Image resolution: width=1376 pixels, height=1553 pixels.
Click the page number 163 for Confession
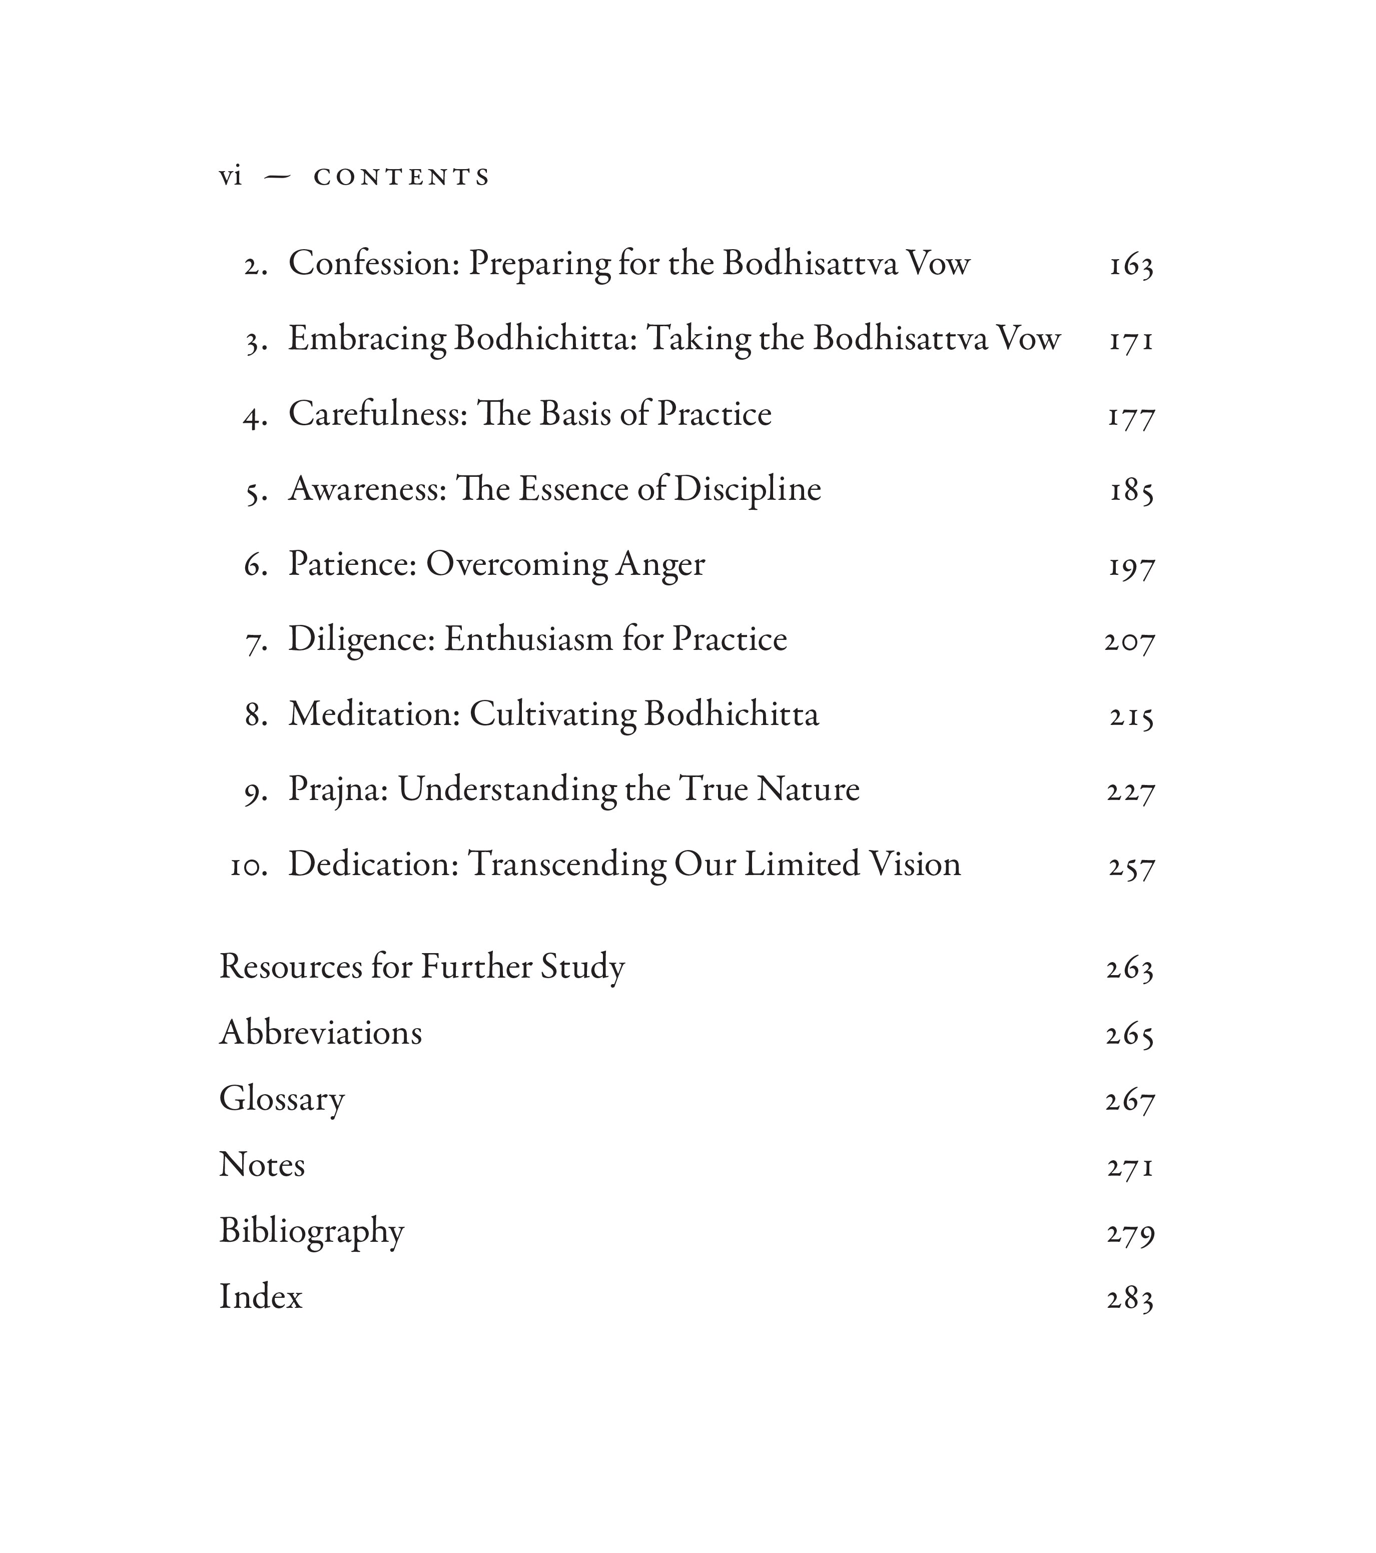coord(1131,265)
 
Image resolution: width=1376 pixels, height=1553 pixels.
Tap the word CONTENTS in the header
coord(402,177)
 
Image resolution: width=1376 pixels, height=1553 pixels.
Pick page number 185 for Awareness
coord(1131,490)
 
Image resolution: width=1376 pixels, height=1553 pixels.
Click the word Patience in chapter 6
coord(352,564)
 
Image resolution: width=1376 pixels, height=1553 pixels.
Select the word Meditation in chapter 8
coord(374,714)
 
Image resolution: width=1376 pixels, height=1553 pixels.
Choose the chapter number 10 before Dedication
coord(249,866)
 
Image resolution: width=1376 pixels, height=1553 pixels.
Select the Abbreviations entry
coord(321,1033)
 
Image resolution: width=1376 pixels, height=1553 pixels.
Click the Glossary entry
coord(282,1099)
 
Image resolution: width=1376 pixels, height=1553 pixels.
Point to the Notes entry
coord(262,1165)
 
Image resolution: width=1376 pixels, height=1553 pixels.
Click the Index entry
coord(261,1297)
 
